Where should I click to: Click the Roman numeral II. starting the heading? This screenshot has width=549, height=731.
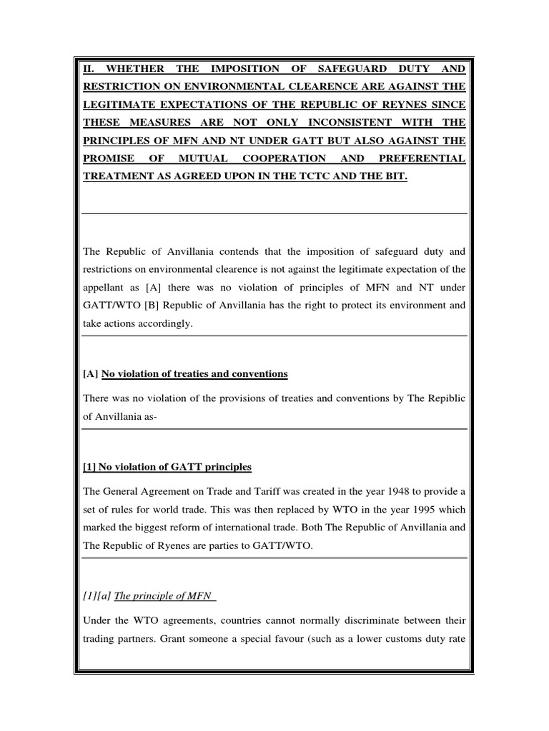(x=88, y=69)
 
